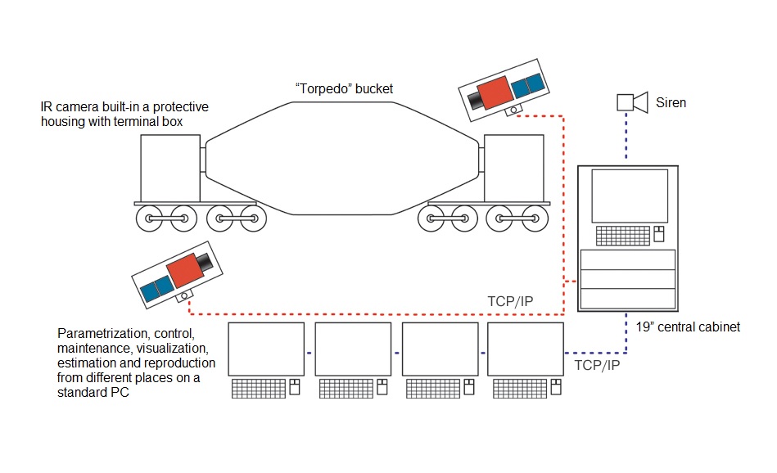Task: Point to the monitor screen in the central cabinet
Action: pos(629,196)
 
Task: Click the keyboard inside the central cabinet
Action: pos(622,236)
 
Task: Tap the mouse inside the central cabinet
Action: pos(657,236)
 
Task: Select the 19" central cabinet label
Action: pos(688,327)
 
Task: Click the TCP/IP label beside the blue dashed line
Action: pos(597,365)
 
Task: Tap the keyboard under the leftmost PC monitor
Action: pos(259,388)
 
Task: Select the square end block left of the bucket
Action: pos(169,168)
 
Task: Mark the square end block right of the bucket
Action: pos(513,168)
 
